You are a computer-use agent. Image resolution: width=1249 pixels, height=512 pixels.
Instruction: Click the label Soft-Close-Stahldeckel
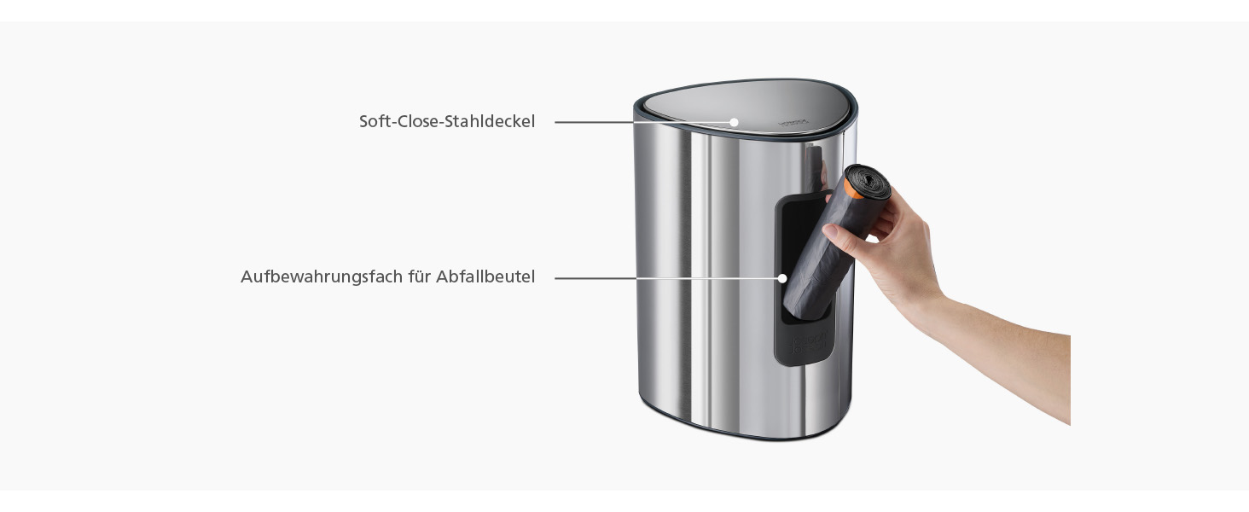(x=447, y=121)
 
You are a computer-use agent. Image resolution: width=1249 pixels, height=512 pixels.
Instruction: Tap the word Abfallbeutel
(x=485, y=276)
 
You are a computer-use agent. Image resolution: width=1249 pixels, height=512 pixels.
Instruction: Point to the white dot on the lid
(x=735, y=122)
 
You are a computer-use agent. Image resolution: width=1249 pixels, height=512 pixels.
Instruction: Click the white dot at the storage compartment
(x=783, y=277)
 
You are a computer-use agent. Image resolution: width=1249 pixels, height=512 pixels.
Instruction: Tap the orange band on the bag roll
(x=851, y=188)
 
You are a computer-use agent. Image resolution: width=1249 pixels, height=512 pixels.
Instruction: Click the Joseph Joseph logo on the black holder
(x=810, y=342)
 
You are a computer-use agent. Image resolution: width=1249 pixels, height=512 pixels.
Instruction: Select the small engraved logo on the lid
(x=792, y=121)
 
